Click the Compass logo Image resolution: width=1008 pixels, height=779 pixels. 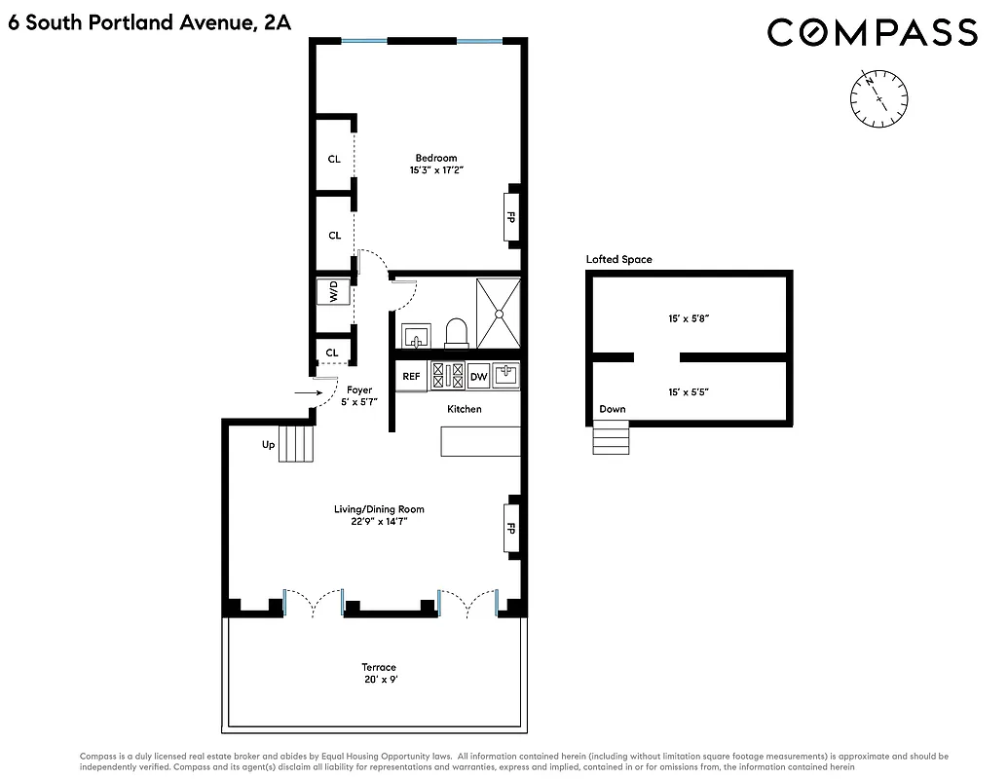click(x=872, y=32)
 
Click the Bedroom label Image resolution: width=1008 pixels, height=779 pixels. click(x=435, y=158)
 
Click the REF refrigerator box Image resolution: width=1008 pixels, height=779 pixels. click(x=412, y=376)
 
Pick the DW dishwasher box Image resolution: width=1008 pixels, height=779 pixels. click(x=478, y=376)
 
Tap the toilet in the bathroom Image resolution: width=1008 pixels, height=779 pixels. click(x=457, y=333)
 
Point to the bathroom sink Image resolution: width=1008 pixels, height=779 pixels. click(x=417, y=336)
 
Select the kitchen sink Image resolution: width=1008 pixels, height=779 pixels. click(x=506, y=375)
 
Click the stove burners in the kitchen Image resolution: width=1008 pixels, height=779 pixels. click(x=446, y=376)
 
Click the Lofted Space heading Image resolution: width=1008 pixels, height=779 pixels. click(x=618, y=259)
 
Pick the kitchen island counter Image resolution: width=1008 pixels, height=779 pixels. click(x=480, y=441)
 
